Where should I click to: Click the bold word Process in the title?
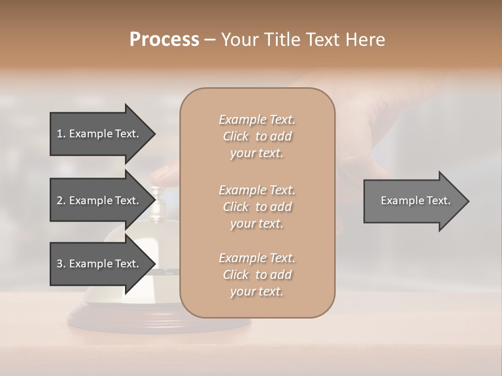pyautogui.click(x=164, y=39)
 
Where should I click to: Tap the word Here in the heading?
pyautogui.click(x=366, y=39)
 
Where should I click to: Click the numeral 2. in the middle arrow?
pyautogui.click(x=61, y=201)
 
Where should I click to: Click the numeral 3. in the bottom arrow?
pyautogui.click(x=61, y=264)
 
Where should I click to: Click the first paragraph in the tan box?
pyautogui.click(x=257, y=136)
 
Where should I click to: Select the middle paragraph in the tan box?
pyautogui.click(x=257, y=206)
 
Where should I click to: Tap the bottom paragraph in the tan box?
pyautogui.click(x=257, y=275)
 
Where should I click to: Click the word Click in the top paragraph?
pyautogui.click(x=235, y=136)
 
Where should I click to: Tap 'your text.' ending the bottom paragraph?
pyautogui.click(x=257, y=291)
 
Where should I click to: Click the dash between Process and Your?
pyautogui.click(x=210, y=40)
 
